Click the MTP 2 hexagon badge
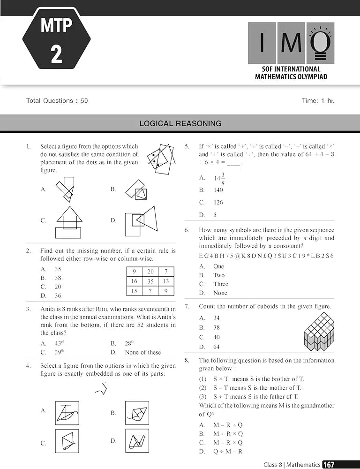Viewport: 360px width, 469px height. pos(56,38)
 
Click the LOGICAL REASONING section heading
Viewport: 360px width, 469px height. pos(180,124)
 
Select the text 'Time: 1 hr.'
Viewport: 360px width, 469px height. pos(318,100)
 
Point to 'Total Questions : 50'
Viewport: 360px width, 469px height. pos(57,100)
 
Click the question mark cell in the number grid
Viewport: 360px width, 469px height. pos(150,291)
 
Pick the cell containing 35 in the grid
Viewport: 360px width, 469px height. pos(150,281)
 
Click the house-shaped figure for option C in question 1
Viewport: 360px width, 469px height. pos(69,222)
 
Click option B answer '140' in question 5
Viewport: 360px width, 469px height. pos(218,190)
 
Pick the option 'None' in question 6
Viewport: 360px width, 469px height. pos(220,293)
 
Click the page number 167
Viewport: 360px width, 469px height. pos(329,464)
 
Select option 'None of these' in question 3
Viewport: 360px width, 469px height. pos(142,352)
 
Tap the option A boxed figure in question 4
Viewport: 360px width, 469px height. pos(67,412)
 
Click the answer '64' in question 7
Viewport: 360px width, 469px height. pos(216,347)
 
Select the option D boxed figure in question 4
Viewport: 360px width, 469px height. pos(137,441)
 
